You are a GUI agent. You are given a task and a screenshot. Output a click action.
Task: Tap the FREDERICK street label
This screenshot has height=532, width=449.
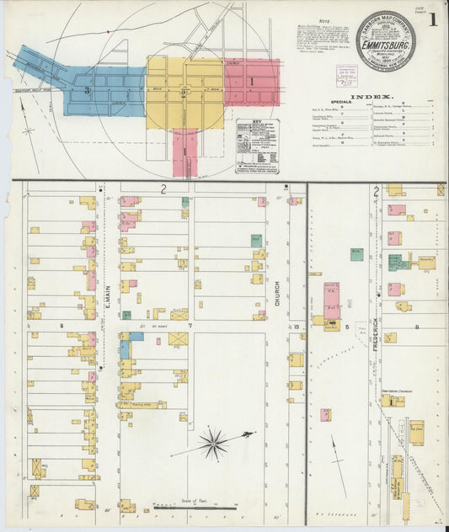pos(375,334)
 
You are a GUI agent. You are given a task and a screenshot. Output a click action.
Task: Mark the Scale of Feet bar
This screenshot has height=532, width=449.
pos(194,508)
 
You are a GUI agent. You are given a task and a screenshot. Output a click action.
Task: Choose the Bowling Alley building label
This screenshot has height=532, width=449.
pos(130,404)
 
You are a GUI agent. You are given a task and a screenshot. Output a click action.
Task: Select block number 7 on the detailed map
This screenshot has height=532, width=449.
pos(190,324)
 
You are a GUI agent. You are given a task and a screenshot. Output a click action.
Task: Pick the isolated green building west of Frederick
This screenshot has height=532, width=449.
pos(357,253)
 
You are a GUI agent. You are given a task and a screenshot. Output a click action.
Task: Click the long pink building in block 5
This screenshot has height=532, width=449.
pos(331,300)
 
